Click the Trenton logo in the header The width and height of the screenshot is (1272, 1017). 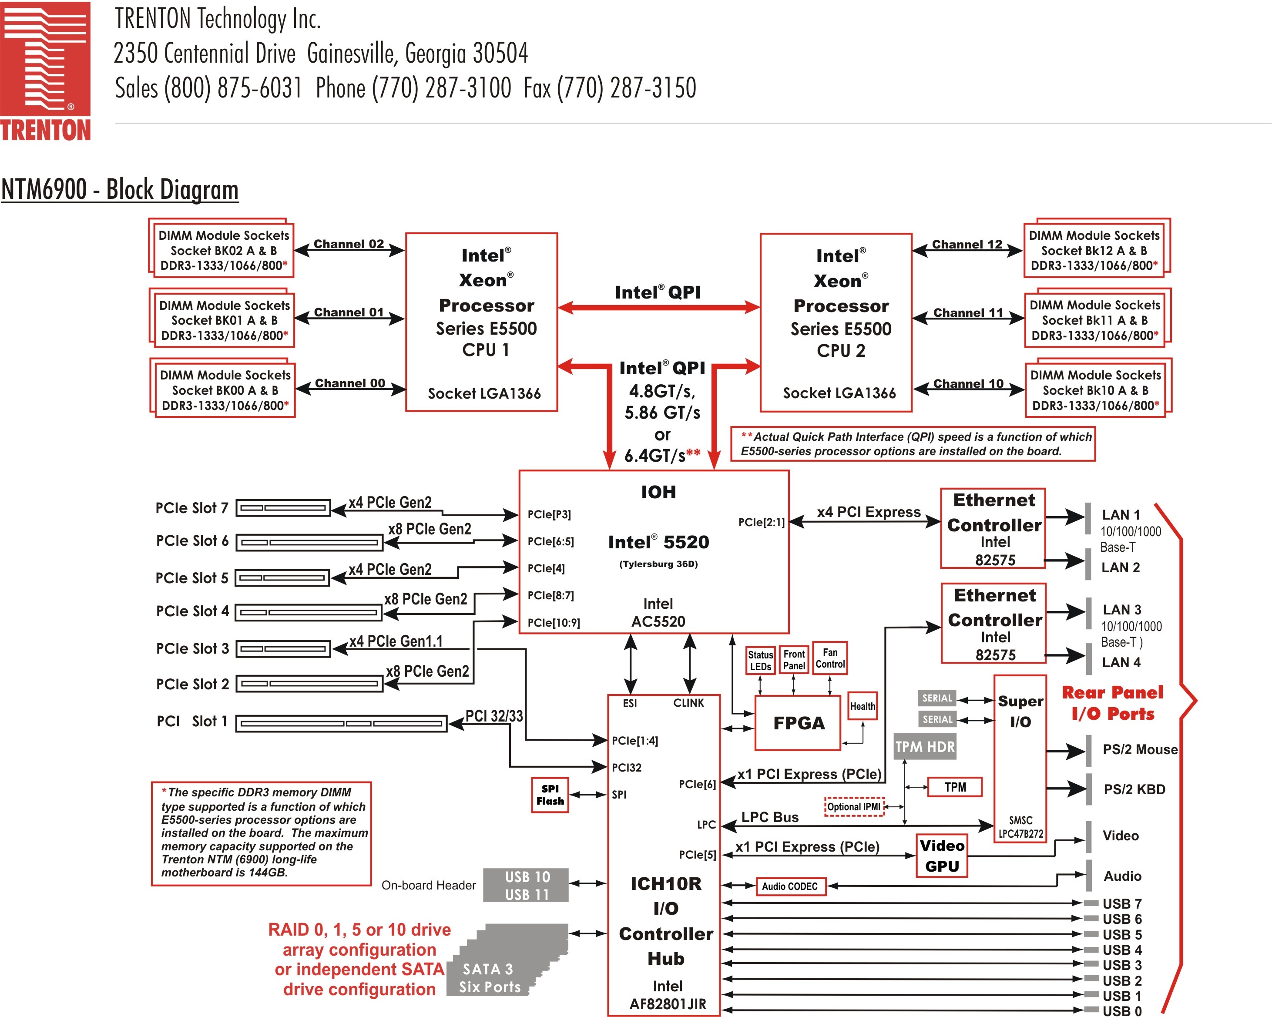tap(45, 71)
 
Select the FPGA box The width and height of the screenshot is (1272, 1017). tap(798, 723)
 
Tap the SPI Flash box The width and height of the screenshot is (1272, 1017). tap(550, 795)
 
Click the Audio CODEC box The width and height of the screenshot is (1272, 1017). tap(790, 886)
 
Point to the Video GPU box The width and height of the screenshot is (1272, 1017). tap(942, 856)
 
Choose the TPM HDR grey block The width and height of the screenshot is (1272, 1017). tap(924, 747)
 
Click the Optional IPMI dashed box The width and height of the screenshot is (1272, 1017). tap(854, 807)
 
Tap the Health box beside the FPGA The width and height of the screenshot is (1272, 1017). tap(862, 706)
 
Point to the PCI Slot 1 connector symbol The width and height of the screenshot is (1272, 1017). tap(342, 723)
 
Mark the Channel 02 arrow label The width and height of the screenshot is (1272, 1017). tap(349, 244)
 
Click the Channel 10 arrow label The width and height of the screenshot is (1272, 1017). tap(968, 383)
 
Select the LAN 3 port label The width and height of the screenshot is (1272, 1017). tap(1121, 609)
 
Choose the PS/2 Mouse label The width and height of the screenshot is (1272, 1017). tap(1140, 749)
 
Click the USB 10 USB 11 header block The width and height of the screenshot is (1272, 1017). tap(526, 885)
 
